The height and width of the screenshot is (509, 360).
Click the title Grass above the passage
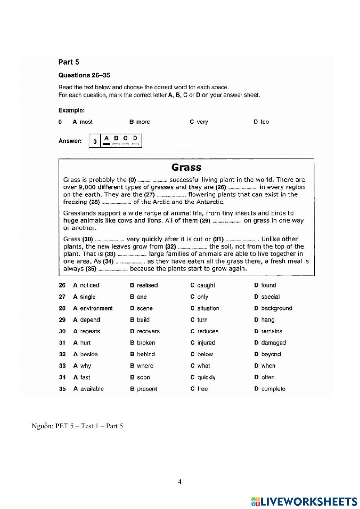pos(186,168)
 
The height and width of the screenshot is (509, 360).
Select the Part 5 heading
pos(68,62)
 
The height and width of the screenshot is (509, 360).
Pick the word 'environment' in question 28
pos(96,308)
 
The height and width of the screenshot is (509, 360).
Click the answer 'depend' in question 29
pos(90,320)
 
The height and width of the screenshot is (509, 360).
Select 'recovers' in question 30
pos(148,331)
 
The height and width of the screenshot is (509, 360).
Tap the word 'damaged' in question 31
pos(273,343)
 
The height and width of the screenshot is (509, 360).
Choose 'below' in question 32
pos(205,354)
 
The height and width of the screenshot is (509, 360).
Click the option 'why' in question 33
pos(85,366)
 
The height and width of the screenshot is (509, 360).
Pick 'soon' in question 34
pos(143,378)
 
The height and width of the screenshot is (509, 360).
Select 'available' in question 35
pos(92,389)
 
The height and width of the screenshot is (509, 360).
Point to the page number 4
pos(180,482)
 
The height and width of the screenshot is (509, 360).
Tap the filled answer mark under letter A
pos(106,144)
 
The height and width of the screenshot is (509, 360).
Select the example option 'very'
pos(202,122)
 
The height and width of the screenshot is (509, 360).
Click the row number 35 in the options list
pos(62,389)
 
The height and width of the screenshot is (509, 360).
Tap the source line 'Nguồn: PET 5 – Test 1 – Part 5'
pos(77,426)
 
